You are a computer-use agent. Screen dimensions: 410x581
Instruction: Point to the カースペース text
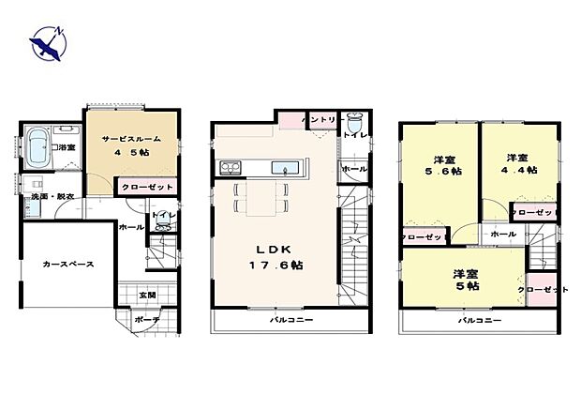(67, 265)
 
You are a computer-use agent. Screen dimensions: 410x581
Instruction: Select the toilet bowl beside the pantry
(353, 124)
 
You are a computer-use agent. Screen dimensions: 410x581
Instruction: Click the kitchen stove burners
(231, 168)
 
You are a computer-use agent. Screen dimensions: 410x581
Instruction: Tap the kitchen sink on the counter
(283, 168)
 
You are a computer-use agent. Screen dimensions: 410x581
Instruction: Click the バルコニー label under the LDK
(291, 320)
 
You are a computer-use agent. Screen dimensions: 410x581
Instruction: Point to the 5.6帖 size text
(441, 172)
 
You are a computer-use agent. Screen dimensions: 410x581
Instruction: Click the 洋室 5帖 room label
(459, 281)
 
